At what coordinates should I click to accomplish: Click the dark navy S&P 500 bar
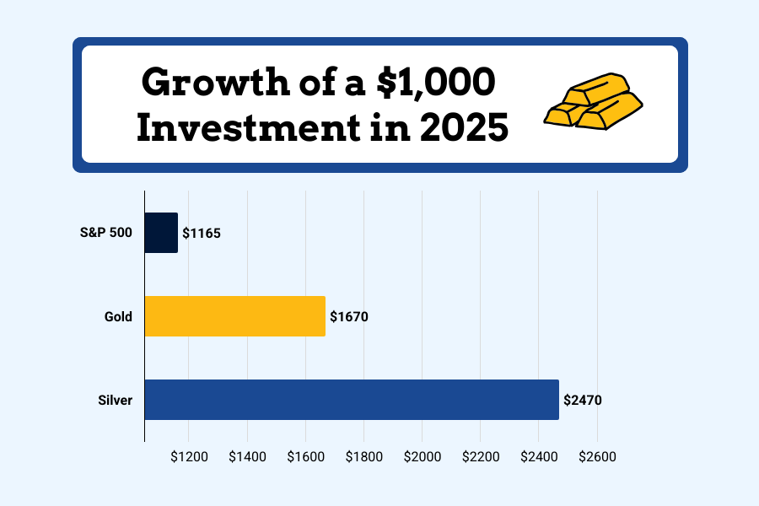tap(161, 233)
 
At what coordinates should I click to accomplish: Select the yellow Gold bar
tap(234, 316)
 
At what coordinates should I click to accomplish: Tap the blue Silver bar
tap(352, 400)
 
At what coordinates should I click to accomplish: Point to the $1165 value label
tap(202, 234)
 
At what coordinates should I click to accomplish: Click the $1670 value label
tap(349, 317)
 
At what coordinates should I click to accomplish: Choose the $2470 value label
tap(583, 401)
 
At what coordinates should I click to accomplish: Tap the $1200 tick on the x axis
tap(189, 457)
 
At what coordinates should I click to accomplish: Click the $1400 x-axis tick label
tap(247, 457)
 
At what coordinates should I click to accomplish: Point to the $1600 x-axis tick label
tap(305, 457)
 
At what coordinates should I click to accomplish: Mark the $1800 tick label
tap(363, 457)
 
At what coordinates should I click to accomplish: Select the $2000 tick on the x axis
tap(422, 457)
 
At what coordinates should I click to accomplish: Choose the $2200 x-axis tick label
tap(480, 457)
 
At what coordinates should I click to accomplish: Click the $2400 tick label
tap(539, 457)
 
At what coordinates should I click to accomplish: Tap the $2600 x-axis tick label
tap(597, 457)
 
